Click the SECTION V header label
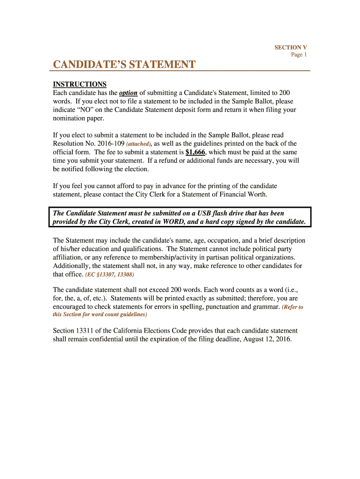(x=290, y=47)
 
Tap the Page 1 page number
(x=299, y=55)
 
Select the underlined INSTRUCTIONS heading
(x=80, y=84)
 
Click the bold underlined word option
(x=129, y=93)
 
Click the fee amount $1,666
(x=195, y=152)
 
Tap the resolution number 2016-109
(x=108, y=144)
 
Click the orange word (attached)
(x=139, y=144)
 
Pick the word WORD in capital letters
(x=177, y=222)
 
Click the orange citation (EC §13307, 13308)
(x=110, y=275)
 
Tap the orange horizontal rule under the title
(x=180, y=71)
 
